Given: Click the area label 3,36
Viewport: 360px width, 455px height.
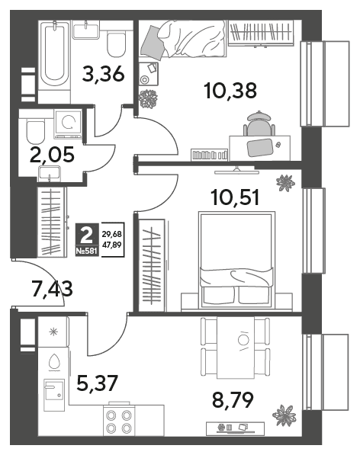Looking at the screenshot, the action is [104, 74].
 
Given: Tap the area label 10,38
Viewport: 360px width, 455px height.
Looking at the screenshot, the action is [230, 90].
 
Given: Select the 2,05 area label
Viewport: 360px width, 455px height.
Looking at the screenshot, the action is [53, 155].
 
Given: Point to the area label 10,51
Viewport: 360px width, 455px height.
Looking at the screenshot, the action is [236, 197].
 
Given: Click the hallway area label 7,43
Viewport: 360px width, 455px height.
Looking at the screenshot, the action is [53, 289].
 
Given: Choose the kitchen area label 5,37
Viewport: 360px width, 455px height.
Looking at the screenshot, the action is [98, 383].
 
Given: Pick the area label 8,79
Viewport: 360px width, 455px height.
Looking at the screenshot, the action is [233, 399].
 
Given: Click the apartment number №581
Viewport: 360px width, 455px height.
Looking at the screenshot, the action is [86, 252].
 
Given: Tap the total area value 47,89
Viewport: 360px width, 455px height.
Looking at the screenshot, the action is [112, 245].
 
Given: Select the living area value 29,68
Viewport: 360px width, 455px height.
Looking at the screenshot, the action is [112, 234].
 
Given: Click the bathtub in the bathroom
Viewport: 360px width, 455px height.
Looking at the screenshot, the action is [54, 54].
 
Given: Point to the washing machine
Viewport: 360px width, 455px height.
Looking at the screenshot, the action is [69, 124].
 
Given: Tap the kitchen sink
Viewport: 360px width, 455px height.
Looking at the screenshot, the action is [54, 395].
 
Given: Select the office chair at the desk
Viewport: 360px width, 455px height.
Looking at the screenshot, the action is [259, 123].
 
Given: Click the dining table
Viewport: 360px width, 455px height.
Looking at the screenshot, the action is [236, 348].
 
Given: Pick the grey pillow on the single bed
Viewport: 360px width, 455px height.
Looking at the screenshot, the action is [153, 41].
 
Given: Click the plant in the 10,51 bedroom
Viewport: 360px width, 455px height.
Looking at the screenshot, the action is [285, 183].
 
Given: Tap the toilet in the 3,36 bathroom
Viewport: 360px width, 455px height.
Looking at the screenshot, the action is [116, 42].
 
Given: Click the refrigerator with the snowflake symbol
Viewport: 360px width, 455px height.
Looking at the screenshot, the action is [53, 332].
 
